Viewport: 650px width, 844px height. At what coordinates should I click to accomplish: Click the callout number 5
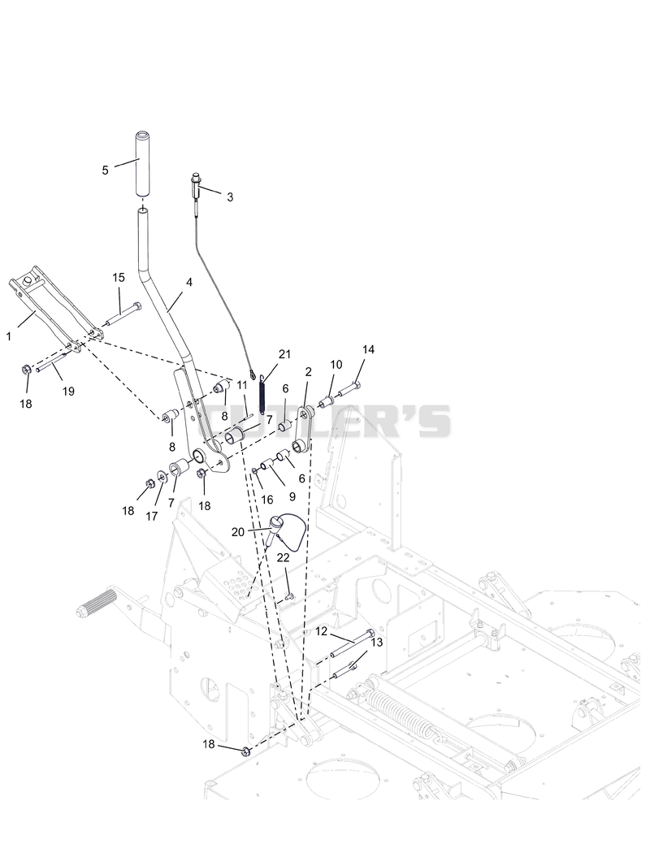pos(105,170)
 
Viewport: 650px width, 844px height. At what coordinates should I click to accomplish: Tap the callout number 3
pos(230,197)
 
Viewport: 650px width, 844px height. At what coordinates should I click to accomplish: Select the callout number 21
pos(284,354)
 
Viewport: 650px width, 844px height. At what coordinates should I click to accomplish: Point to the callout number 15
pos(119,277)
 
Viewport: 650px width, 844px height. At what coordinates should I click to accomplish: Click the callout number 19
pos(68,392)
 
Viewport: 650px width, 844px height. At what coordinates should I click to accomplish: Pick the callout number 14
pos(368,349)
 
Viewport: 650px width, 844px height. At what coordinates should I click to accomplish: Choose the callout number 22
pos(284,557)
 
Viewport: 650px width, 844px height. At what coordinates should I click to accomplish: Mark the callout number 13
pos(377,643)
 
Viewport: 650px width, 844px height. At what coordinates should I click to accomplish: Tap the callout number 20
pos(238,532)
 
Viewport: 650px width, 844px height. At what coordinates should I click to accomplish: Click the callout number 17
pos(152,516)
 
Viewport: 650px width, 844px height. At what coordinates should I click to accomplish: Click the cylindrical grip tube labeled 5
pos(143,163)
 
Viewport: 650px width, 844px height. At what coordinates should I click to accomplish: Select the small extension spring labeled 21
pos(262,394)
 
